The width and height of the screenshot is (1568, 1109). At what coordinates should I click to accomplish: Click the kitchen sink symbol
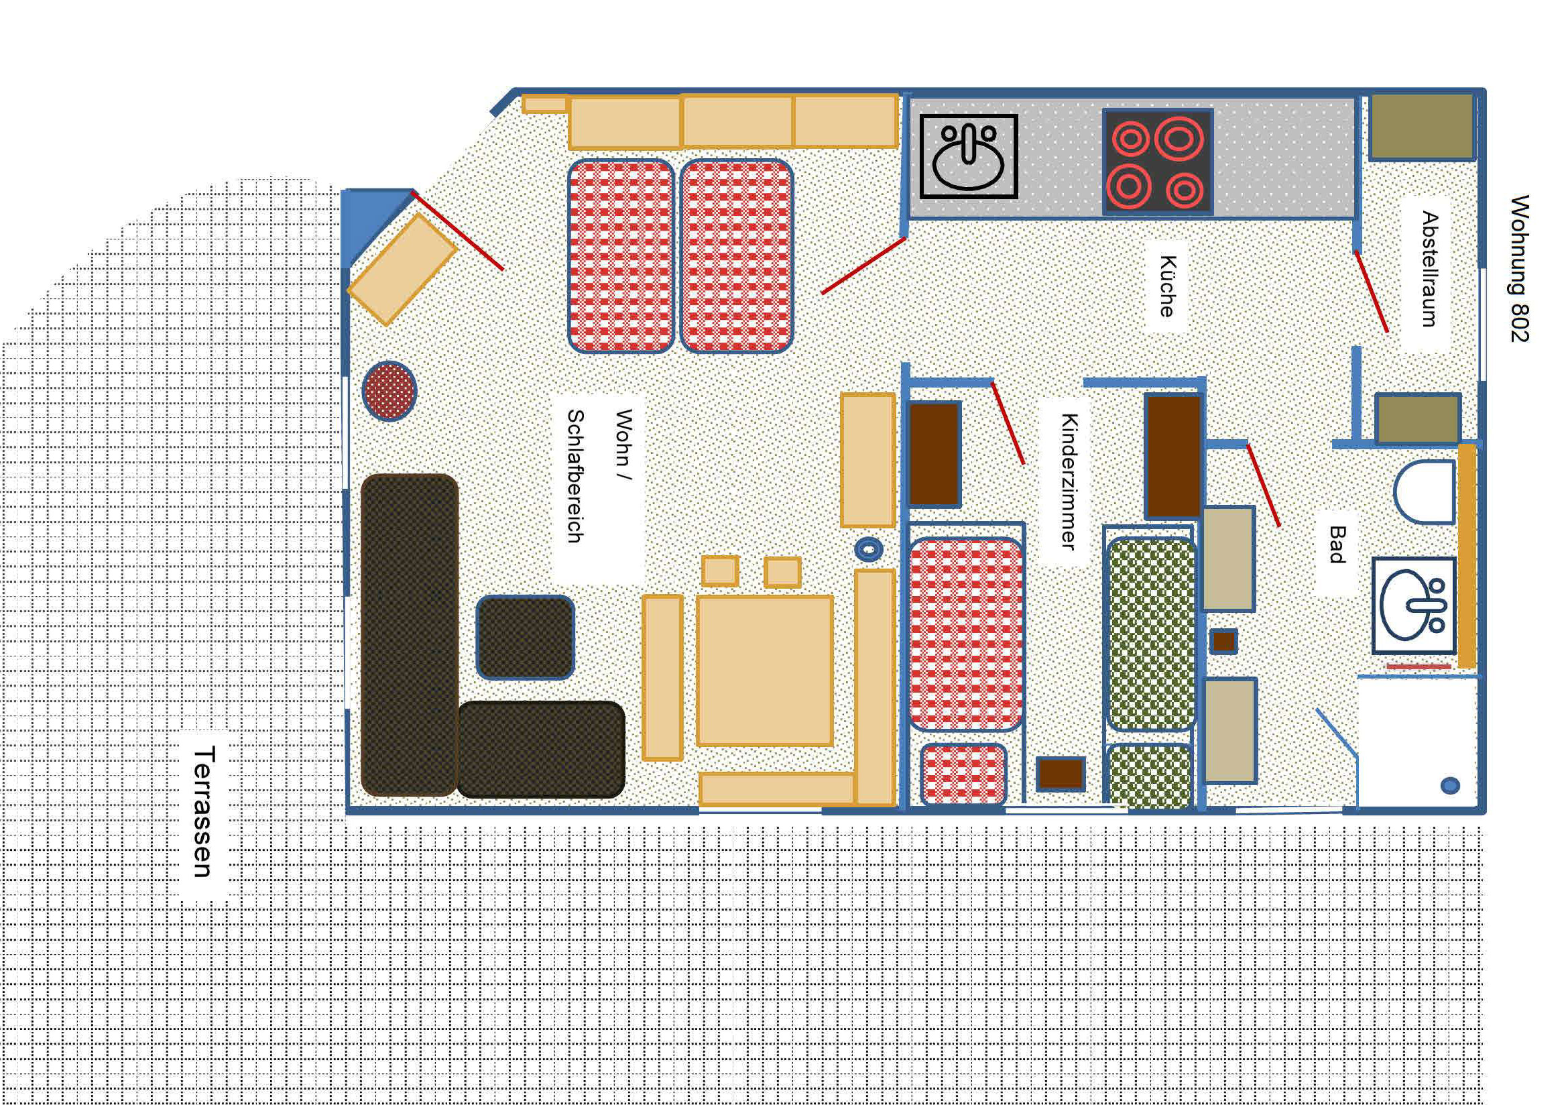pyautogui.click(x=969, y=156)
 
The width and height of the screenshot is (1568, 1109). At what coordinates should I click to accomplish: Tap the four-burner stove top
pyautogui.click(x=1158, y=162)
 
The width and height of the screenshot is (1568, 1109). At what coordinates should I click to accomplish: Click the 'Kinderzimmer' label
pyautogui.click(x=1069, y=481)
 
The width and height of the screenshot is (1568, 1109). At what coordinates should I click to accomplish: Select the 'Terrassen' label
pyautogui.click(x=204, y=811)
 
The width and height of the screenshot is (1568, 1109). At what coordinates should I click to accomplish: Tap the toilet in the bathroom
pyautogui.click(x=1425, y=492)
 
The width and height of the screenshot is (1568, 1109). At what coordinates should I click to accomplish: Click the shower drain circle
pyautogui.click(x=1450, y=786)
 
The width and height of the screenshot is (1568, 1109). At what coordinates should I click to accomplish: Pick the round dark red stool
pyautogui.click(x=389, y=392)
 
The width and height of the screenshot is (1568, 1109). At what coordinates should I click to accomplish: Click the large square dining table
pyautogui.click(x=764, y=670)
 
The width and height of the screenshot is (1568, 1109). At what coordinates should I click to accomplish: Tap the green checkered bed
pyautogui.click(x=1150, y=634)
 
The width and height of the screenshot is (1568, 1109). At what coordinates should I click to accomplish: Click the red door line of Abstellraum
pyautogui.click(x=1372, y=292)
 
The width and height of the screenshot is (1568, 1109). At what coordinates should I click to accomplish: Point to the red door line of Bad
pyautogui.click(x=1264, y=485)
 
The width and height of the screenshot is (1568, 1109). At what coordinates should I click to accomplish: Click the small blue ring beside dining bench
pyautogui.click(x=869, y=548)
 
